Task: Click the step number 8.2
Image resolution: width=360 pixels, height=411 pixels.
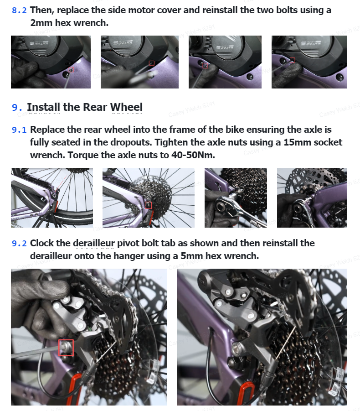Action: (19, 10)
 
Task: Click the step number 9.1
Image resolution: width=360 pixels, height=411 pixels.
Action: (19, 130)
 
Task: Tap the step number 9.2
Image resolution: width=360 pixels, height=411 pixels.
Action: (19, 244)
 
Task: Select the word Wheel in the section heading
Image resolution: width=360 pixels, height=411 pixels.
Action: (126, 107)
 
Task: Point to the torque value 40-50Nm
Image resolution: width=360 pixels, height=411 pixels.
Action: (193, 155)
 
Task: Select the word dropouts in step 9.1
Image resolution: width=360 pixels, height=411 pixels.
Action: (134, 142)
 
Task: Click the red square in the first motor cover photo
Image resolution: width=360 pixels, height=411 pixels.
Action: (71, 70)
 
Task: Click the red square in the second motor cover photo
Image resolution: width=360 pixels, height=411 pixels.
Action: (152, 63)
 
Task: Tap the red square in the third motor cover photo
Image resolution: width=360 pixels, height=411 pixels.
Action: (205, 66)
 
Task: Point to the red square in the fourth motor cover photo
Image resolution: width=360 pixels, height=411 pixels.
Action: (293, 60)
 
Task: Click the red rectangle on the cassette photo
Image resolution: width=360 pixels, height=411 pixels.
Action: (148, 205)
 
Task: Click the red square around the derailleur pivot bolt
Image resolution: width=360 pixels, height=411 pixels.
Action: (66, 348)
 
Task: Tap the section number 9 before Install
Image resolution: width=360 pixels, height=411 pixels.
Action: (17, 108)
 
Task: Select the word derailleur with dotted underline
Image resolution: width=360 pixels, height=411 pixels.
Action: (93, 243)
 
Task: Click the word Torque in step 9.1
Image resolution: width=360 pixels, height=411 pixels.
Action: (83, 156)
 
